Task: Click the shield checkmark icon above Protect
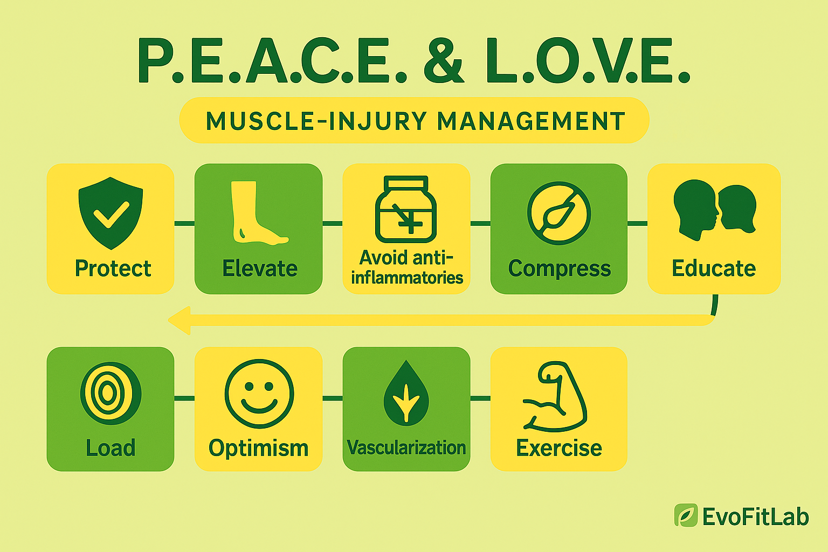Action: tap(111, 212)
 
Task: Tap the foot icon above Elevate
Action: tap(257, 213)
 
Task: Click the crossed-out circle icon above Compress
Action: tap(558, 213)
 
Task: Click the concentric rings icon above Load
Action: tap(111, 393)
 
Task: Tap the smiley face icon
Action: tap(259, 394)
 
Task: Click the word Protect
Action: tap(113, 268)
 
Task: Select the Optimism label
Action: tap(258, 448)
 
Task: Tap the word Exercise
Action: tap(559, 448)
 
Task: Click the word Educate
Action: tap(714, 268)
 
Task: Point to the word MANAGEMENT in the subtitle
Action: tap(531, 121)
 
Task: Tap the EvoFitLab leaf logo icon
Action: tap(686, 515)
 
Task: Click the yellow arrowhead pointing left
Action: tap(180, 320)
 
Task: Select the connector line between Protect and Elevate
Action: tap(184, 223)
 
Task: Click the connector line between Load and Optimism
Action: tap(184, 398)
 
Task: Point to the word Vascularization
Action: tap(406, 448)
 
